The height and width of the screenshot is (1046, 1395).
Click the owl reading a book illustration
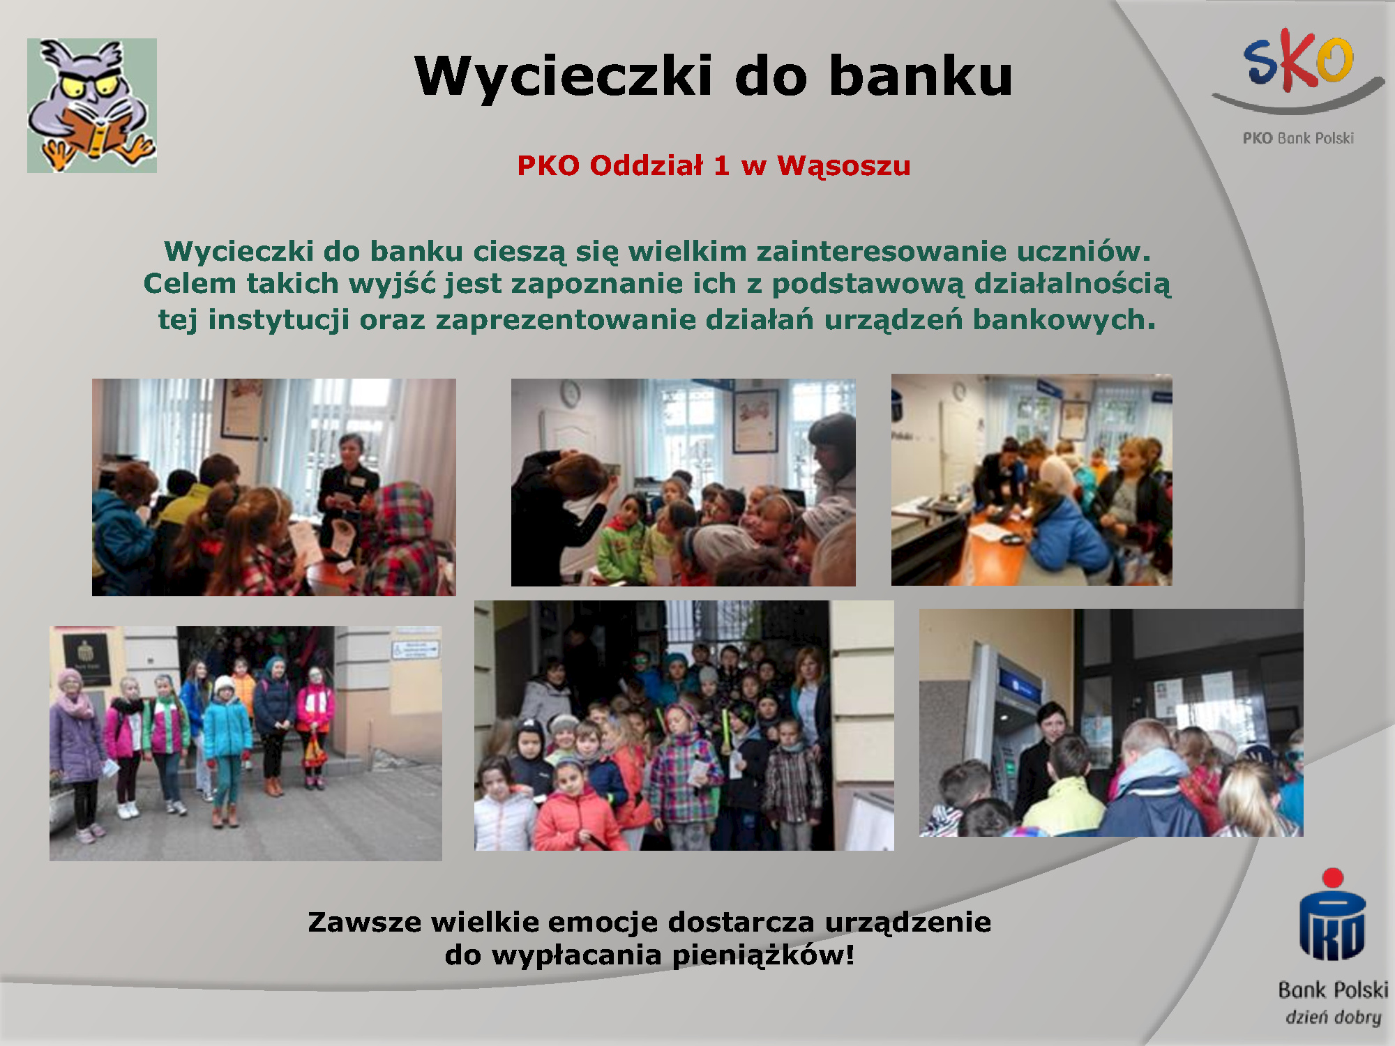coord(91,105)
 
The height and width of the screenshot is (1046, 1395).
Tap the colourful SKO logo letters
coord(1298,60)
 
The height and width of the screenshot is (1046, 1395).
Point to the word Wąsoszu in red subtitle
coord(844,166)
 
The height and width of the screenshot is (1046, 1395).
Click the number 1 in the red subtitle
coord(721,165)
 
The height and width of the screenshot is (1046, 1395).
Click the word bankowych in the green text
coord(1064,319)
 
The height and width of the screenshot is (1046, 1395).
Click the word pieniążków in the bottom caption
coord(763,955)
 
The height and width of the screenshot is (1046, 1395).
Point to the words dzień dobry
coord(1334,1017)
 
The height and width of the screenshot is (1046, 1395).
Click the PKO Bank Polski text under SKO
coord(1298,138)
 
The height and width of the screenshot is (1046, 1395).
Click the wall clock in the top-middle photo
coord(571,394)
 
